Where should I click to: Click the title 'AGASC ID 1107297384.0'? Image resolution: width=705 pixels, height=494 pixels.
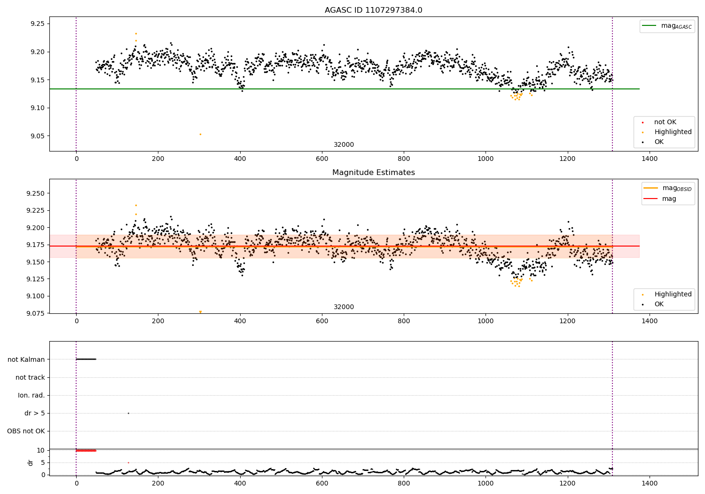coord(373,10)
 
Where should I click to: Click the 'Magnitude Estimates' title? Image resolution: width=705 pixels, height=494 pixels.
coord(373,173)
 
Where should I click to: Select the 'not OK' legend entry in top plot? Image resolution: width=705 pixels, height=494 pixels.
coord(665,122)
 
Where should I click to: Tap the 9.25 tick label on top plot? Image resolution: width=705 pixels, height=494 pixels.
coord(37,24)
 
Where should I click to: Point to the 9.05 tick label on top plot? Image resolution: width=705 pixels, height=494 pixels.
coord(37,136)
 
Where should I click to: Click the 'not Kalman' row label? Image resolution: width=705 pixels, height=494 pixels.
coord(26,359)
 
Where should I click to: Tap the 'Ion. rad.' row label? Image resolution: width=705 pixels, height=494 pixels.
coord(31,395)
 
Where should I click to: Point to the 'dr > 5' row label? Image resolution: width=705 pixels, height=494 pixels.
coord(35,413)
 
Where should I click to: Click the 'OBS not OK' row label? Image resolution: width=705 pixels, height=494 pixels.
coord(26,431)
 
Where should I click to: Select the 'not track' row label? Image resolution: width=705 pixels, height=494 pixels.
coord(30,377)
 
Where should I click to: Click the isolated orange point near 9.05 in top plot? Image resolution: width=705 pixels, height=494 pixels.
coord(200,134)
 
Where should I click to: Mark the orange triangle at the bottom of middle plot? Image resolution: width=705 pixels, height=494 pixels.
coord(200,312)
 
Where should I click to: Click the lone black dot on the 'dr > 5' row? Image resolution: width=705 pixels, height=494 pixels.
coord(128,413)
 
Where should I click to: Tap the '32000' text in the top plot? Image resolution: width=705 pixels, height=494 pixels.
coord(344,145)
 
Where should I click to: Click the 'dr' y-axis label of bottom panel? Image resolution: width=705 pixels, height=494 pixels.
coord(31,462)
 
